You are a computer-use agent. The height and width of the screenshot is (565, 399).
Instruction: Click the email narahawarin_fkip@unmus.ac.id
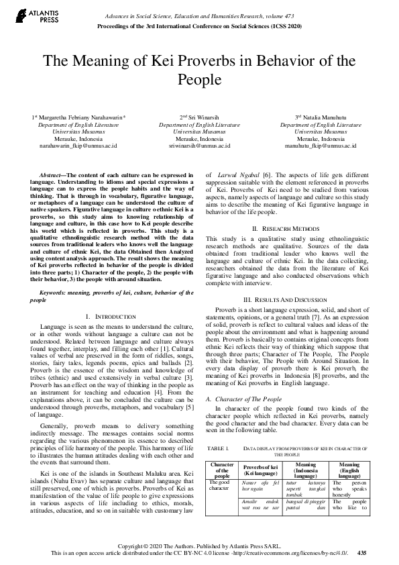78,145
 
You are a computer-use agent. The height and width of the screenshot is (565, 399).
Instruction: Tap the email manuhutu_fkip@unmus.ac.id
322,145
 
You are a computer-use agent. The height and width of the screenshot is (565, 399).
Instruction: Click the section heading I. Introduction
111,315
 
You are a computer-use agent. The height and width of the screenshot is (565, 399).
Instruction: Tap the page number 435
361,552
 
